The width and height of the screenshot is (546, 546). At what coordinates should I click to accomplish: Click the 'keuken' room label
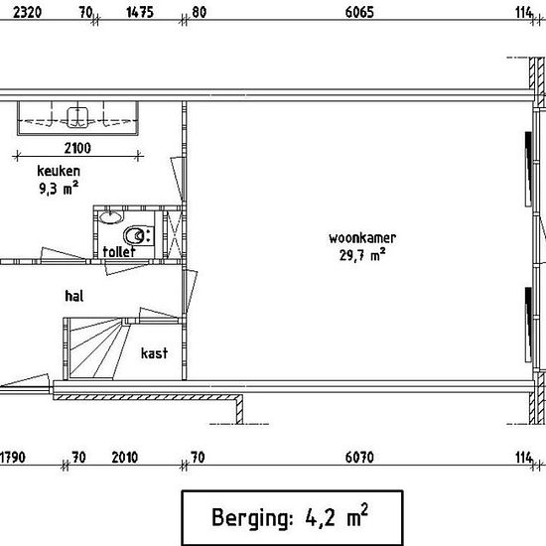59,171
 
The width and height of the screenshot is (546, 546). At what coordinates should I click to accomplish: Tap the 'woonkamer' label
362,238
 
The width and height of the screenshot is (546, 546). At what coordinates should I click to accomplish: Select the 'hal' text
74,296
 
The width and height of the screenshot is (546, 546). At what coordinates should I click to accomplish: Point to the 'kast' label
154,353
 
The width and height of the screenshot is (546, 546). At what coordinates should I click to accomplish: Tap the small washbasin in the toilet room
111,216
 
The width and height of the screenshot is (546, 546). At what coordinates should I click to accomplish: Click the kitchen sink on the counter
77,117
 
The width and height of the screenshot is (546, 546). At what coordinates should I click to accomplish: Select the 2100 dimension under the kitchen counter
77,148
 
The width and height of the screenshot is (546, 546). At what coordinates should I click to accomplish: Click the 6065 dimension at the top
359,12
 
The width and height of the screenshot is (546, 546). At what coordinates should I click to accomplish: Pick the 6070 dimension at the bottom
359,458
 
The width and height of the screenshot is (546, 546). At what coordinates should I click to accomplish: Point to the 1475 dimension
140,12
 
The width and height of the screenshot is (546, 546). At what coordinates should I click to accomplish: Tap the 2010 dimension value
125,458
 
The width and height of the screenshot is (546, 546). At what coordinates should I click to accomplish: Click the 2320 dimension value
27,12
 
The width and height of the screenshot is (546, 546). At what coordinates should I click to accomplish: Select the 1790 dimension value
13,458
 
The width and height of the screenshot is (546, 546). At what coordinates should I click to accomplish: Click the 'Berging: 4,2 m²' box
293,518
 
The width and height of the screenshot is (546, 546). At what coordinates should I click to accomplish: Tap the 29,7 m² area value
362,255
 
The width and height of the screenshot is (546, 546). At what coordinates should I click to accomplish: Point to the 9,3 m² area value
59,189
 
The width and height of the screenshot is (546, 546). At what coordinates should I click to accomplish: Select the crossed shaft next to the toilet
173,234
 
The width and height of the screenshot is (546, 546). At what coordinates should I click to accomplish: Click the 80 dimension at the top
200,12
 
